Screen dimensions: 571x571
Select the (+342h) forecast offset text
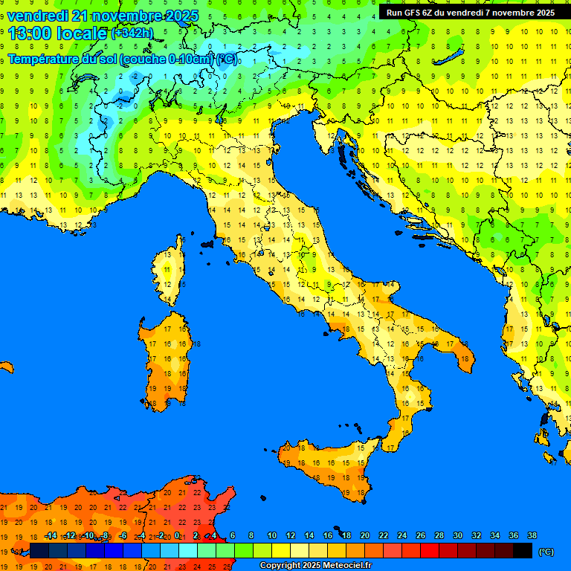(x=132, y=33)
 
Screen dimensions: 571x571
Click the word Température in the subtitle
(x=45, y=59)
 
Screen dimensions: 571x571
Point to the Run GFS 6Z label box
(x=470, y=12)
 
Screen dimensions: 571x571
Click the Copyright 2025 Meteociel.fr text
(x=314, y=565)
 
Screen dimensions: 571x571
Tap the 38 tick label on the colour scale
(x=532, y=535)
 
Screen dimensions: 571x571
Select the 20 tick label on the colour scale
(x=364, y=535)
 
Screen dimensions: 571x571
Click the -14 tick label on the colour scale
(x=51, y=535)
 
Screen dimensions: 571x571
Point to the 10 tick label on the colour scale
(x=272, y=535)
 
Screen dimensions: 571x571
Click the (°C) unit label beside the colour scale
(x=546, y=552)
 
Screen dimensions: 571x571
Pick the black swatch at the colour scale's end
(x=523, y=551)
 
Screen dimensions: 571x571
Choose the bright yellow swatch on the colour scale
(x=281, y=551)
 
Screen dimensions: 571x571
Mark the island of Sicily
(x=331, y=465)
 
